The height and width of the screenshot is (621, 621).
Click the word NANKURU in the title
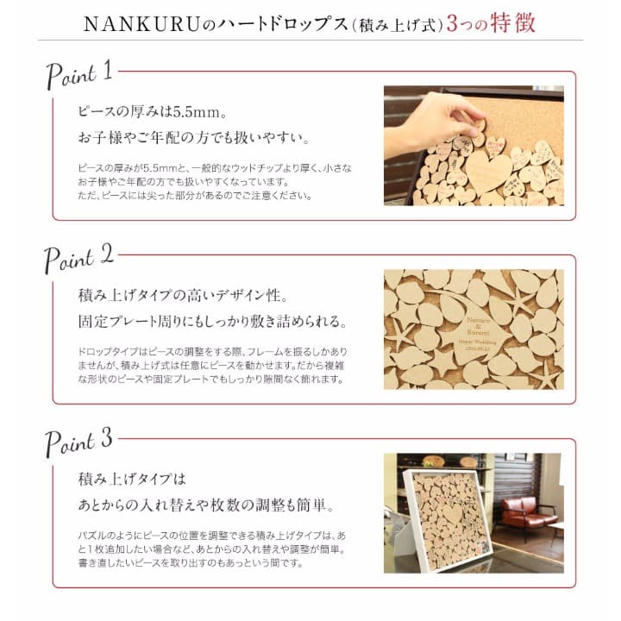[141, 24]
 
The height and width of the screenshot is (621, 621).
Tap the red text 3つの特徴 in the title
[491, 23]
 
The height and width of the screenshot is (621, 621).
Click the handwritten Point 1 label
[79, 74]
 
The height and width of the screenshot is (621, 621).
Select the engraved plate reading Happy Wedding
[475, 335]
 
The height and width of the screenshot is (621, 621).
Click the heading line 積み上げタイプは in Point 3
[132, 480]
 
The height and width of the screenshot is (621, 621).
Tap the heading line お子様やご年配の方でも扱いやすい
[194, 138]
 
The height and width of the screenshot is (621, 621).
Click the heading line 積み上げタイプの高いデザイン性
[183, 296]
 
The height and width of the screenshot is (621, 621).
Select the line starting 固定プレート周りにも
[213, 321]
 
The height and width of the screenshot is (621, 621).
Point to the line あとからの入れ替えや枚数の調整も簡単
[206, 505]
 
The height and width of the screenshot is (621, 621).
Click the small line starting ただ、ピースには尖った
[195, 196]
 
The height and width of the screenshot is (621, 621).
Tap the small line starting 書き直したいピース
[191, 562]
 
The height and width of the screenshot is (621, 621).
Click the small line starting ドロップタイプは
[213, 352]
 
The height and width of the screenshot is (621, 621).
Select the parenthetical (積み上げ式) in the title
[398, 26]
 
